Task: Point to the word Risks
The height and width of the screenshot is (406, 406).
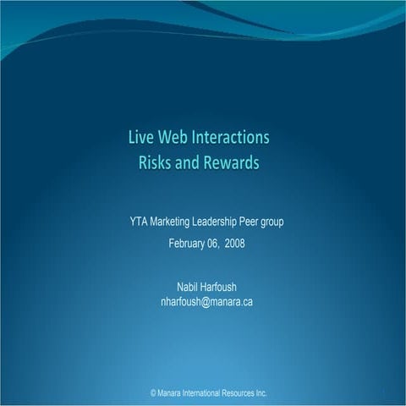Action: pos(156,162)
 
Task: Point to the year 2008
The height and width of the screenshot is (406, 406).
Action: pos(235,244)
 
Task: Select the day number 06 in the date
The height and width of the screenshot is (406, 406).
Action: pos(213,244)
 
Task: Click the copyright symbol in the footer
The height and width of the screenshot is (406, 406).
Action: pos(153,394)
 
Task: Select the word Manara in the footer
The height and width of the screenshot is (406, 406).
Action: pos(173,394)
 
